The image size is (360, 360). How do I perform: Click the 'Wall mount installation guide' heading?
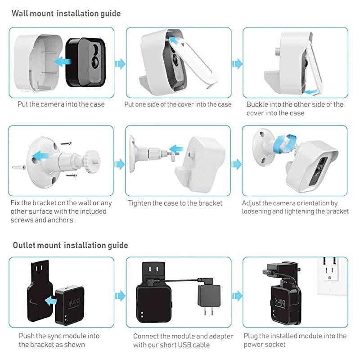coord(66,13)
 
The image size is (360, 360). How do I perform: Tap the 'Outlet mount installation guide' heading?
coord(70,245)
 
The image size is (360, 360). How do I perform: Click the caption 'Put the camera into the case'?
coord(61,104)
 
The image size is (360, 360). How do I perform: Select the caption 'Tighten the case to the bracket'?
coord(175,203)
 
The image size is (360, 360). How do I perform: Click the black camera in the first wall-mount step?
coord(86,63)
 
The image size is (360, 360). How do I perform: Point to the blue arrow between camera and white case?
coord(63,61)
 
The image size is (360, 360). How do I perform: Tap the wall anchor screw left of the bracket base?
coord(19,167)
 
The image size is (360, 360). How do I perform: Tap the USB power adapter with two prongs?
coord(209,298)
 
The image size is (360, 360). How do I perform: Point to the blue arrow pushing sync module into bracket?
coord(51,301)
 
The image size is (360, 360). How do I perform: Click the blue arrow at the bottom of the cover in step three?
coord(310,92)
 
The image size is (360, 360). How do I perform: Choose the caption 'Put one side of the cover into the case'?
coord(178,104)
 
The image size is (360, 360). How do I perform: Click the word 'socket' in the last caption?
coord(275,344)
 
